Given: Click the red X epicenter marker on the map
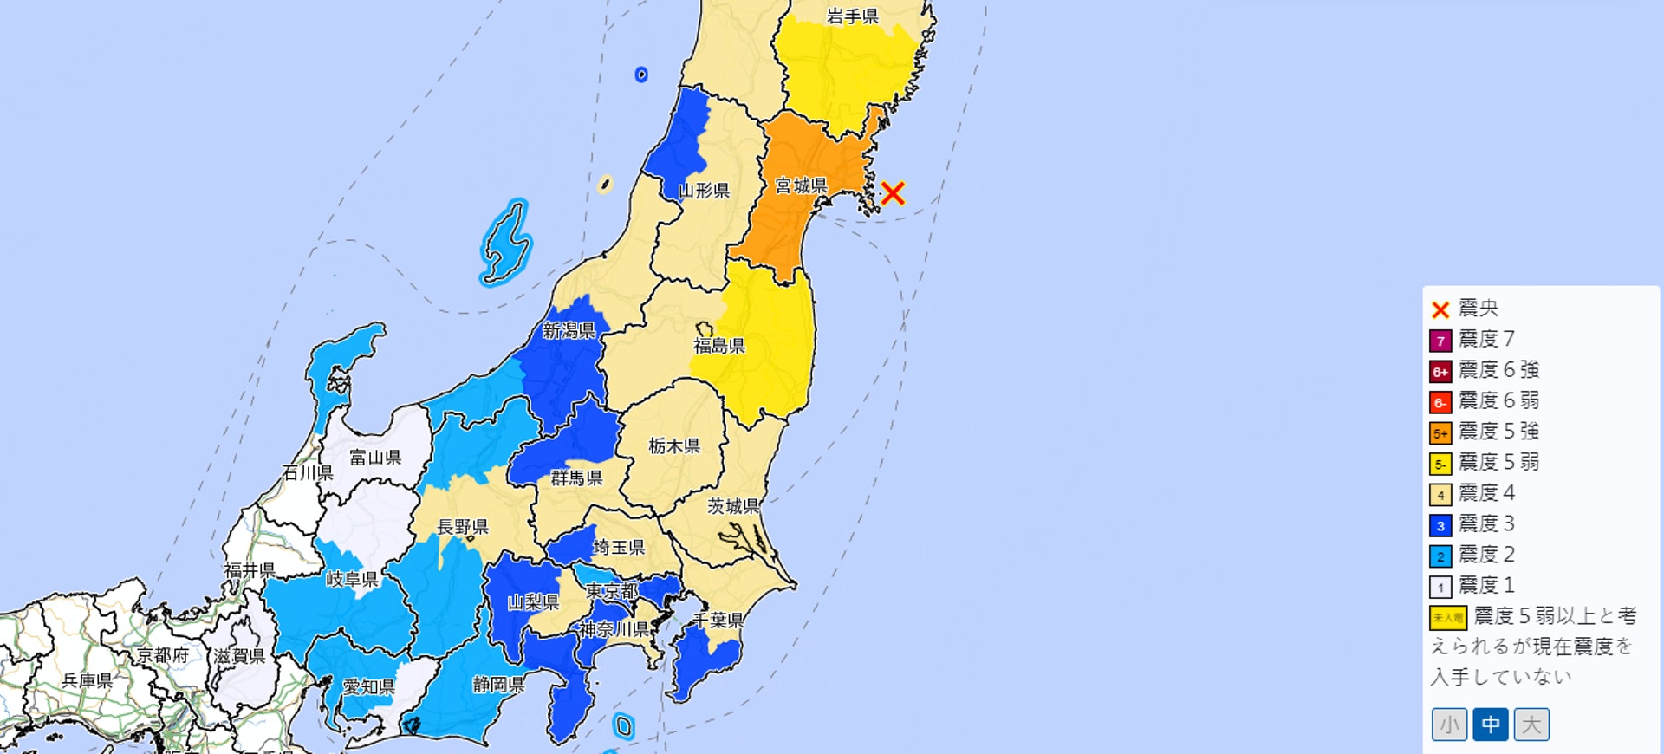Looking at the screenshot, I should [893, 192].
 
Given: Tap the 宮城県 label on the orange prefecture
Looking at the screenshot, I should [800, 185].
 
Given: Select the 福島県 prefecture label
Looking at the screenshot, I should [718, 346].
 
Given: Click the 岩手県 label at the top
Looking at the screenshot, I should [852, 16].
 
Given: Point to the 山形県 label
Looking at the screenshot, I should [703, 191].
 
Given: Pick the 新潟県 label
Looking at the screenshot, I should [569, 330].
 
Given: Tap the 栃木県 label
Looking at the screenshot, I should [674, 445].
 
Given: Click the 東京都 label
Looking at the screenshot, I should [612, 591].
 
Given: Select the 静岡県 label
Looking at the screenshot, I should [497, 685].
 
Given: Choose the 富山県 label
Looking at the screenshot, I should [374, 458].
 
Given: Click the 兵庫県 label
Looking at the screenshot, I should [87, 680].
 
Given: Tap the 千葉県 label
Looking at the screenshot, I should [718, 621].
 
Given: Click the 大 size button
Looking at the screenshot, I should [1531, 725].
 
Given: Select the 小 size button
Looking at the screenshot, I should [1449, 725].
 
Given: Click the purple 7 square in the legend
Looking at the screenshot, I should [1440, 341].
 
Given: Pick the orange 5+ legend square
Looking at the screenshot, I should [1440, 432].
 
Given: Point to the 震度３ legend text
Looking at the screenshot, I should [1486, 523].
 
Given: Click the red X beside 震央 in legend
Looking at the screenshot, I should [1440, 309].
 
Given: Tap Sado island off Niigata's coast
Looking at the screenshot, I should [505, 244].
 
